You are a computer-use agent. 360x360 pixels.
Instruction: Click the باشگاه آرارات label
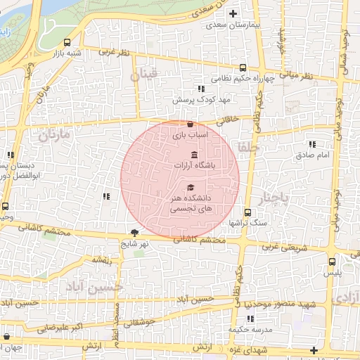(193, 166)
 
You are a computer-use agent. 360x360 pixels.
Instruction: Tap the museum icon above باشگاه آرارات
(194, 155)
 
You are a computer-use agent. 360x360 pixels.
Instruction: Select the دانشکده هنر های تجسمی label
(191, 205)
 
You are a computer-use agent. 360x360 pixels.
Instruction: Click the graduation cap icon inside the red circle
(191, 188)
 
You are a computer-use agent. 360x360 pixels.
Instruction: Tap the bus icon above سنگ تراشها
(247, 212)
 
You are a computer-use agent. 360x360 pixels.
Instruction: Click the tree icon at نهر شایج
(134, 233)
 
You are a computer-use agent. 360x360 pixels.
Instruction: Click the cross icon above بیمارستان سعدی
(234, 13)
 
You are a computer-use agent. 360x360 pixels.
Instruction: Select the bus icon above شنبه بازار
(67, 42)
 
